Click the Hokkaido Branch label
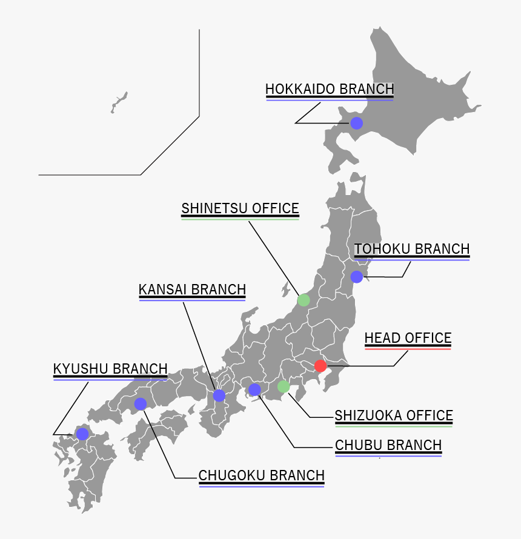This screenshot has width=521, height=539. point(330,89)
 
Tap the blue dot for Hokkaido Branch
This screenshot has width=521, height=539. point(357,124)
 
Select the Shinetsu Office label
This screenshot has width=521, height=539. point(240,209)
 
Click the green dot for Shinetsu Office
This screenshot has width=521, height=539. point(304,300)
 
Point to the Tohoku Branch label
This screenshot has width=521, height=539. point(412,249)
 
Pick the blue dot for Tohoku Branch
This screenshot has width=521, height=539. point(357,277)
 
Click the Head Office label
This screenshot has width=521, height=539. point(408,338)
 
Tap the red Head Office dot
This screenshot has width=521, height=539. point(320,366)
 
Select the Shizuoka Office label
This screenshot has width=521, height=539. point(394,415)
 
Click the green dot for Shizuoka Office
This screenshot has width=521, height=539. point(283,386)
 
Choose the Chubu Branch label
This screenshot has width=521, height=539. point(388,445)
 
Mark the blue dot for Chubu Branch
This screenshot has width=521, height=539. point(254,389)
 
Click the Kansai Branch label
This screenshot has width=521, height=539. point(192,289)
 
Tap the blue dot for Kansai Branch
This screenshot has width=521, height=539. point(219,396)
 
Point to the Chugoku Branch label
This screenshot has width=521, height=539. point(261,475)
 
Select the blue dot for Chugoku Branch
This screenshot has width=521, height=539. point(141,404)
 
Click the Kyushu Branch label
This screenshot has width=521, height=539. point(110,369)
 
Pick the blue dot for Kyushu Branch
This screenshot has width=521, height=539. point(82,434)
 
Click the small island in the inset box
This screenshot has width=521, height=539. point(119,102)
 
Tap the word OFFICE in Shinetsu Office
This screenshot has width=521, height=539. point(276,209)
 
